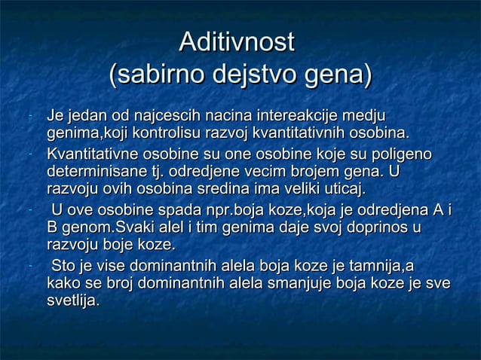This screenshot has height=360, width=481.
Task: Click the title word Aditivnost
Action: (234, 41)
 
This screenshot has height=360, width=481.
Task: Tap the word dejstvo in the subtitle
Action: (251, 76)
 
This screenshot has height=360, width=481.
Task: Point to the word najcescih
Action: (165, 117)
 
